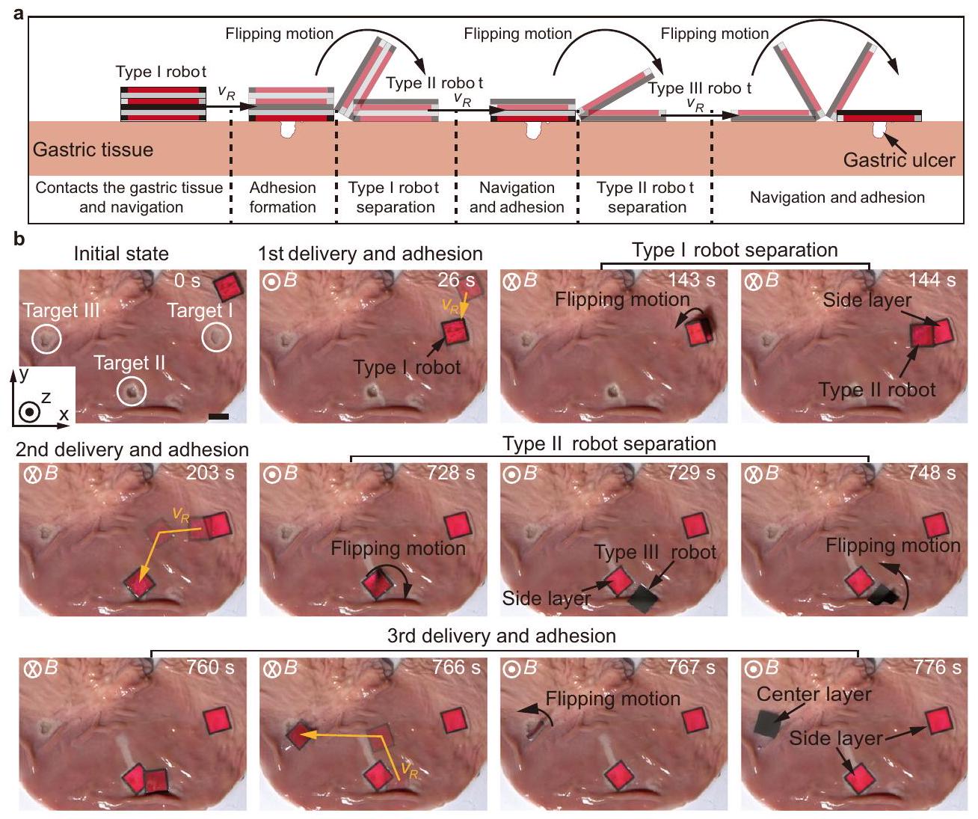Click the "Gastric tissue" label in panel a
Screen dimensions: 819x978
93,150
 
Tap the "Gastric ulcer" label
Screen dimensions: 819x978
899,160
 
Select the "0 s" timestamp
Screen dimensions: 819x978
187,281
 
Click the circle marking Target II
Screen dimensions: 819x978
132,390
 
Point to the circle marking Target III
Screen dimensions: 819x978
46,340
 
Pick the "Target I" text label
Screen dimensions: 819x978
200,310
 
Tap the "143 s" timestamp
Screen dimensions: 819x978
692,280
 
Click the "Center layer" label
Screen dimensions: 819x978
814,695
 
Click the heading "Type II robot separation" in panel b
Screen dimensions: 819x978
609,444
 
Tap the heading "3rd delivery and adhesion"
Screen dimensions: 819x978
501,636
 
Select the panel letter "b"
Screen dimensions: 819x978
19,239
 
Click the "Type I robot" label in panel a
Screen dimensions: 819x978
161,72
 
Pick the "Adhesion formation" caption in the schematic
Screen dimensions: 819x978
283,197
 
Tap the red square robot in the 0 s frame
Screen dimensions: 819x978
227,286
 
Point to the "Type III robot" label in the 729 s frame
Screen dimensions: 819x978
655,553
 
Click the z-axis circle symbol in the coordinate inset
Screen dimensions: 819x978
29,412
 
